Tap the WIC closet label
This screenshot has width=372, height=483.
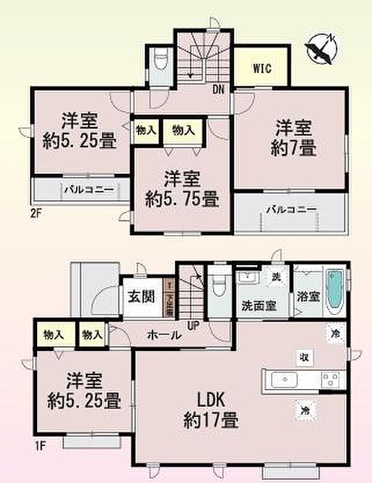click(x=262, y=68)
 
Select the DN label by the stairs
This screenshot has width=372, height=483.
click(x=219, y=91)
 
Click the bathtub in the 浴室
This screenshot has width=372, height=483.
click(x=334, y=293)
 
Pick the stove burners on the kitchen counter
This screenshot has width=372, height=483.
click(x=330, y=380)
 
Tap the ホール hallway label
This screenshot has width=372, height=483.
click(x=164, y=336)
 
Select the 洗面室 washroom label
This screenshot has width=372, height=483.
click(x=259, y=305)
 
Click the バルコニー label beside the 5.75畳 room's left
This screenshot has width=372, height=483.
click(x=88, y=190)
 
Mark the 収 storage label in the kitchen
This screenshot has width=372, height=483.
click(x=305, y=357)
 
